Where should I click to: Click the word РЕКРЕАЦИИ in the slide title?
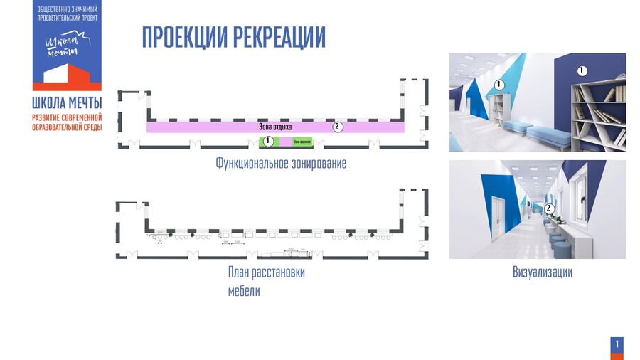(x=279, y=37)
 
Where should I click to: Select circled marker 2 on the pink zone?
(x=338, y=127)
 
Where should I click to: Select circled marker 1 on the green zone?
(x=268, y=141)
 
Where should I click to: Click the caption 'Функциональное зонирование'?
(x=281, y=164)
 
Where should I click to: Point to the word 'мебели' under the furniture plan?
(x=244, y=291)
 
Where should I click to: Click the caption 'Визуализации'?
(x=542, y=272)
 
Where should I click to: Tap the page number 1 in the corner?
(x=617, y=345)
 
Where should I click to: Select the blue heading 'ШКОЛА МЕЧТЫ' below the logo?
(x=67, y=102)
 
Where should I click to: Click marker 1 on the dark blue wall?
(x=582, y=70)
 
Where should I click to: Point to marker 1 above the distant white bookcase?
(x=499, y=85)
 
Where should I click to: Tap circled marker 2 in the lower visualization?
(x=548, y=208)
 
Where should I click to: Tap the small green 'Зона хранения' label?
(x=302, y=142)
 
